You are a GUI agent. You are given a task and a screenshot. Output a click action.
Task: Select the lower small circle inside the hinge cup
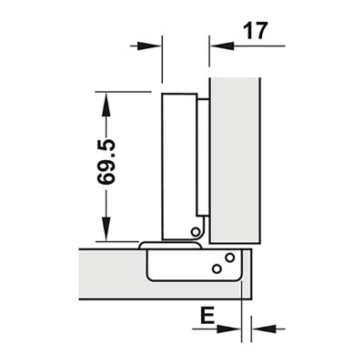(216, 268)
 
